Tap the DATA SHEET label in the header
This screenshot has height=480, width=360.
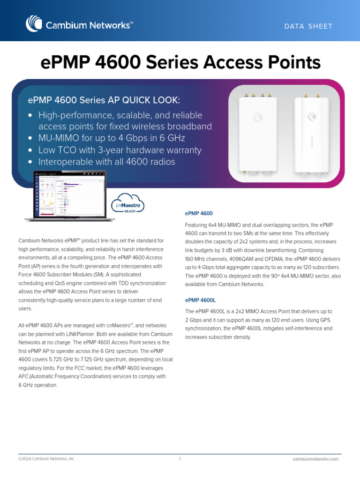[x=308, y=26]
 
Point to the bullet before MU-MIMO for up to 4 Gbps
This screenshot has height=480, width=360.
[x=30, y=138]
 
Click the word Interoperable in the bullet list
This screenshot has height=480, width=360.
[x=66, y=162]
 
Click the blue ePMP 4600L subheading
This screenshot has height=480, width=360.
[x=200, y=300]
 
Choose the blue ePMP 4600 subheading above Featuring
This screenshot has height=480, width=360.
[x=199, y=214]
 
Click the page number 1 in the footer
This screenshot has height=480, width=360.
[x=180, y=459]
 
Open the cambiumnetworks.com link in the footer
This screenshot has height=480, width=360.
[x=315, y=459]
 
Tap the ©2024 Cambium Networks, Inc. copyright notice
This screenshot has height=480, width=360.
[x=46, y=459]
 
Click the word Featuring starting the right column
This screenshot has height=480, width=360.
[x=197, y=225]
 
